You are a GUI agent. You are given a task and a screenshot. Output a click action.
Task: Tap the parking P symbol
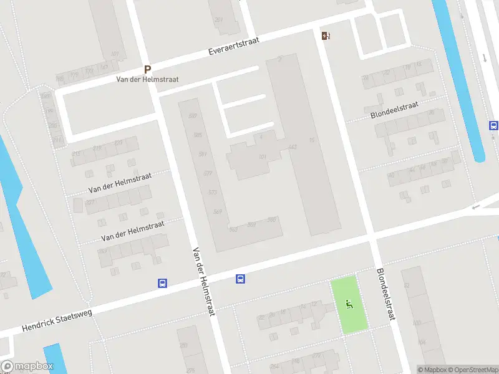point(148,70)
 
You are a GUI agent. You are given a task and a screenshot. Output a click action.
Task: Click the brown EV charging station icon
point(326,36)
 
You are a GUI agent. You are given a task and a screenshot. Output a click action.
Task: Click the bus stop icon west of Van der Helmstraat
point(162,283)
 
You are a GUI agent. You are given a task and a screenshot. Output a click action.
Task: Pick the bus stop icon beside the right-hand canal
point(493,125)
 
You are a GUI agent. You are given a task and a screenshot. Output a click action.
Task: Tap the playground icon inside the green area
point(349,304)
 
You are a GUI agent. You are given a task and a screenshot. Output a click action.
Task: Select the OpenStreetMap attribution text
point(475,370)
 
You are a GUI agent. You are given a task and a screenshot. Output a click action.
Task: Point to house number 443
point(293,147)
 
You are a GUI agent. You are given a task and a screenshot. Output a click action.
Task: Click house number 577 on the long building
point(208,173)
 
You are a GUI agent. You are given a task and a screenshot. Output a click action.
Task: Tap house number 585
point(198,135)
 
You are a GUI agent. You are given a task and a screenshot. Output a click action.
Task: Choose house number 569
point(218,212)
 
